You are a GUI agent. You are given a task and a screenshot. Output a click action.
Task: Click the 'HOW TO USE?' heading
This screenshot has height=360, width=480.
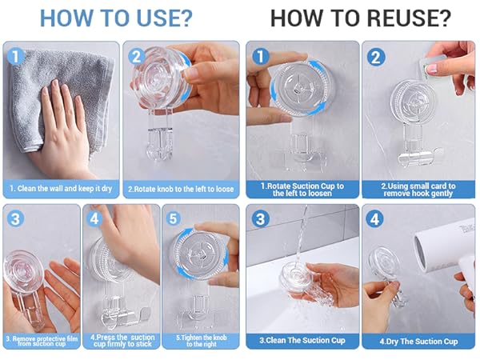(x=116, y=18)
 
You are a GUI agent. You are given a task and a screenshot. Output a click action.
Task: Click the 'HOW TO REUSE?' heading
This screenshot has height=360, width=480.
(x=361, y=18)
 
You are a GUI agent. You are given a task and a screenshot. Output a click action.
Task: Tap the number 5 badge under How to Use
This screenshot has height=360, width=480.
(x=174, y=218)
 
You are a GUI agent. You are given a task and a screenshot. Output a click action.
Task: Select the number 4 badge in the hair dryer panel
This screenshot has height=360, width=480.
(x=374, y=219)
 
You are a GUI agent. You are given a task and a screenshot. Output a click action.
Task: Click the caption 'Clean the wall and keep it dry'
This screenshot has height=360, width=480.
(x=61, y=188)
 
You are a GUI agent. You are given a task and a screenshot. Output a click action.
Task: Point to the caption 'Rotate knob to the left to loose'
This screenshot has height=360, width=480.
(x=181, y=189)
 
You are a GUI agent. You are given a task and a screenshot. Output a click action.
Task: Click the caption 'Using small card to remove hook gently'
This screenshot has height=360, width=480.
(x=418, y=190)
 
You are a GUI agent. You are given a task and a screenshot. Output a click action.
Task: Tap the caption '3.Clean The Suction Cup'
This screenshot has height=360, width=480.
(x=302, y=341)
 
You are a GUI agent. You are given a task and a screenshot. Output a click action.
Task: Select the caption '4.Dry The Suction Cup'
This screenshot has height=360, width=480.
(x=418, y=342)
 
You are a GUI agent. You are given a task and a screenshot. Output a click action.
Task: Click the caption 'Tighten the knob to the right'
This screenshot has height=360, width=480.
(x=202, y=341)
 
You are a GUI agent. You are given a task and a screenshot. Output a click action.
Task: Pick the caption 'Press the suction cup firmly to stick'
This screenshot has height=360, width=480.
(x=122, y=341)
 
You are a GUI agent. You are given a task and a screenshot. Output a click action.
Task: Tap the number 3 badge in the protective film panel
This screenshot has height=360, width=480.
(x=15, y=218)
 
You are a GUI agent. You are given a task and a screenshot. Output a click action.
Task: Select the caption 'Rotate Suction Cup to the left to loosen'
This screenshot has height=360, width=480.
(x=302, y=190)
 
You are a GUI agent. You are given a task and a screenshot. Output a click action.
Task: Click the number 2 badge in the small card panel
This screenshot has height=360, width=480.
(x=376, y=58)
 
